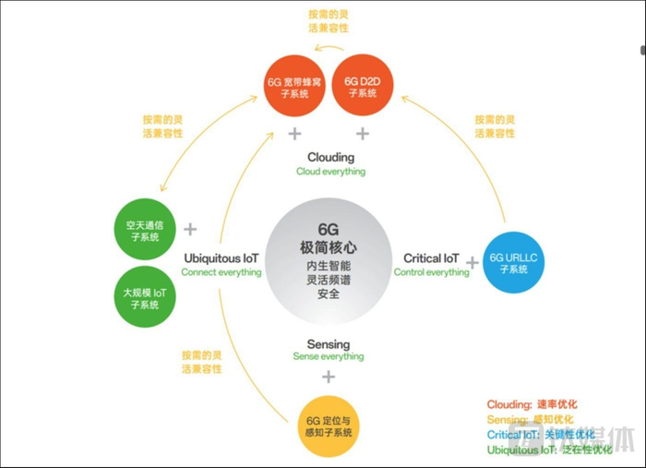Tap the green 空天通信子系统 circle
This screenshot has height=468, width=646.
click(x=145, y=228)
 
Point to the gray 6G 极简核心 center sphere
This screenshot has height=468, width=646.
click(x=329, y=261)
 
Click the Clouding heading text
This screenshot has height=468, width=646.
click(x=330, y=157)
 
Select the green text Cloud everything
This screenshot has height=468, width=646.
click(x=330, y=172)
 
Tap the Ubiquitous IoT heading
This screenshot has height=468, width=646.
click(x=221, y=258)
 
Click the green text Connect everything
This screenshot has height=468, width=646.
click(x=221, y=273)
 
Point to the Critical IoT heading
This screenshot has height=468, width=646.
click(x=431, y=258)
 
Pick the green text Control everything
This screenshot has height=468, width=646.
click(x=431, y=273)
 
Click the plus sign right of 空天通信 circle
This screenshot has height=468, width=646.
click(x=190, y=229)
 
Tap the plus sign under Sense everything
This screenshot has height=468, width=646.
click(x=328, y=378)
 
